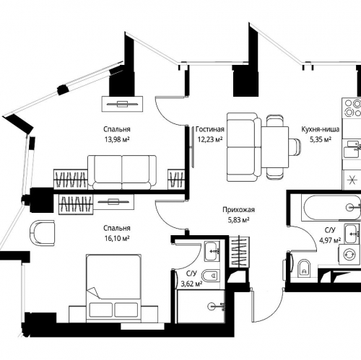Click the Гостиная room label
[x=210, y=129]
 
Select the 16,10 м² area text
[x=117, y=238]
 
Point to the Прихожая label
[x=238, y=210]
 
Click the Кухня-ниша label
[x=321, y=129]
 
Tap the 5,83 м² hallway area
[x=238, y=220]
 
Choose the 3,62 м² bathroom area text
[x=191, y=284]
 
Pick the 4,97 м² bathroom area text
[x=330, y=240]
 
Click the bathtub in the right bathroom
[x=331, y=207]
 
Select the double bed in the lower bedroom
[x=113, y=287]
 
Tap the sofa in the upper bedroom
[x=122, y=172]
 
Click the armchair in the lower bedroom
[x=43, y=232]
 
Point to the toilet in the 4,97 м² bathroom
[x=304, y=268]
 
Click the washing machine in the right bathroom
[x=350, y=254]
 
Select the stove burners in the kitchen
[x=353, y=107]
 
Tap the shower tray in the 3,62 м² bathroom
[x=201, y=307]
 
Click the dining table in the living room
[x=275, y=147]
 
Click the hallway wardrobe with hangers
[x=239, y=252]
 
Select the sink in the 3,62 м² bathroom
[x=212, y=251]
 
